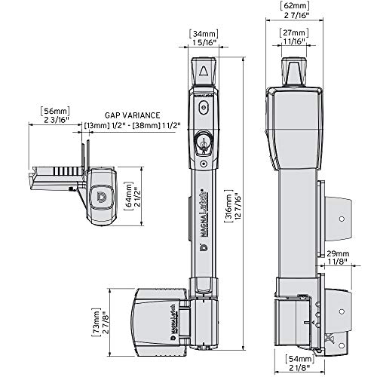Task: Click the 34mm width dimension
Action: click(203, 33)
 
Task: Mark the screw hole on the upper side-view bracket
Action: click(341, 219)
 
